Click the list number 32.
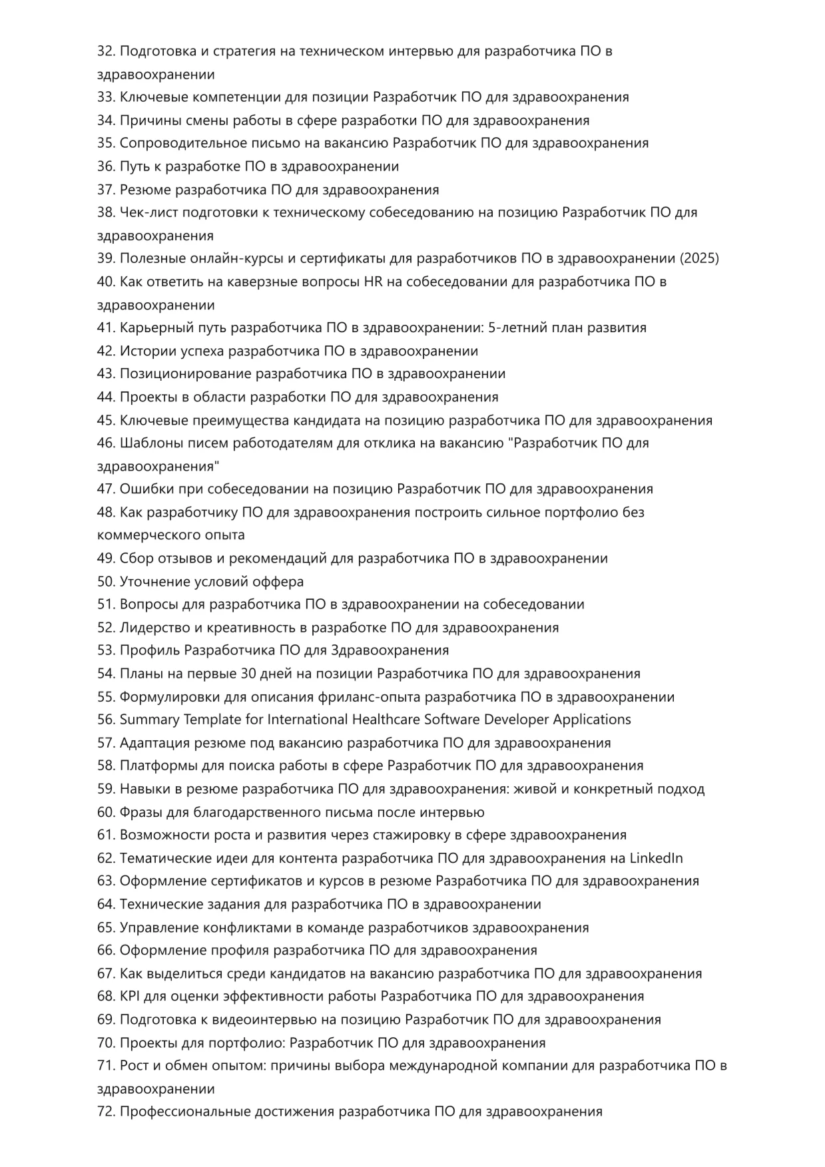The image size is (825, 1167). [106, 51]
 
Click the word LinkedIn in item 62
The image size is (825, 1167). [656, 858]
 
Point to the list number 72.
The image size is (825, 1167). [106, 1111]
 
